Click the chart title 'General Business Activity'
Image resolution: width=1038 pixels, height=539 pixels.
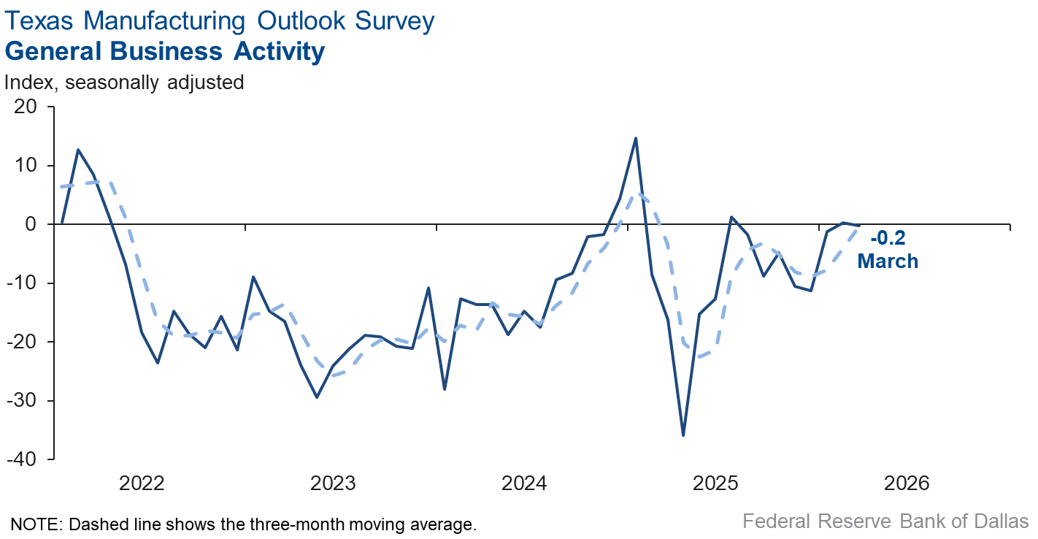tap(165, 52)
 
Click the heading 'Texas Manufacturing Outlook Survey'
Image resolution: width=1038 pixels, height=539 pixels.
tap(220, 20)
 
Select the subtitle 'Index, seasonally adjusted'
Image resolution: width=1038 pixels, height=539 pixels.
tap(124, 83)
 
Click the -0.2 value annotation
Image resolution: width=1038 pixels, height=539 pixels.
tap(888, 238)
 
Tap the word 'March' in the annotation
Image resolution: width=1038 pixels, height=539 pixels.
tap(888, 260)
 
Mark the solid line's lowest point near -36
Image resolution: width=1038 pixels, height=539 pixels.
tap(683, 435)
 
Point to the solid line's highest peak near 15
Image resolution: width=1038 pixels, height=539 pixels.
tap(636, 138)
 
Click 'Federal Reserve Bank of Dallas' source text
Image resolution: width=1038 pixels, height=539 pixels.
tap(885, 521)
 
